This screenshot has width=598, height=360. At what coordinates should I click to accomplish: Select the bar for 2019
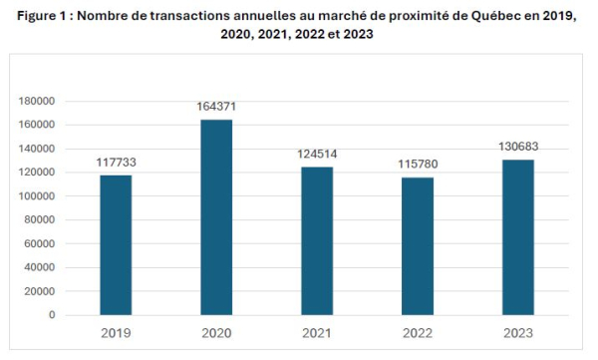coord(116,245)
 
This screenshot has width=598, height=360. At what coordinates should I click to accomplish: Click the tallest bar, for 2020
coord(216,217)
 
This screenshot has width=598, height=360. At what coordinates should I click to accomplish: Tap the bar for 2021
coord(317,241)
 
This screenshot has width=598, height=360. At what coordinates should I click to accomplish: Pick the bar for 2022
coord(418,246)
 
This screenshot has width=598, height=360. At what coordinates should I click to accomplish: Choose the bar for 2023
coord(518,237)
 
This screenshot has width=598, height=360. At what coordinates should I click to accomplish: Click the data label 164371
coord(216,106)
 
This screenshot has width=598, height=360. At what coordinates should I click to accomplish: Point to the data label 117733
coord(116,163)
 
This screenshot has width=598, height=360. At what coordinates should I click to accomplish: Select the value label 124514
coord(317,154)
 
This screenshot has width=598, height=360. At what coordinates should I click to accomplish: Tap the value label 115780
coord(418,165)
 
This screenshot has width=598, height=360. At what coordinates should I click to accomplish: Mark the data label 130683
coord(518,147)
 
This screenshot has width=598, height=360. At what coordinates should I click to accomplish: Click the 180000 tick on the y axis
coord(37,101)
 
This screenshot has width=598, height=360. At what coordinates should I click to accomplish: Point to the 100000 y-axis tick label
coord(37,196)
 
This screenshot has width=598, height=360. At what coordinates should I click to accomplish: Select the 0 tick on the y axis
coord(52,315)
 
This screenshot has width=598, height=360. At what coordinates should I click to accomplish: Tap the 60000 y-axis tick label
coord(40,243)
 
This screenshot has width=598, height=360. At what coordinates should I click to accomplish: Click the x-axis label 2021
coord(317,333)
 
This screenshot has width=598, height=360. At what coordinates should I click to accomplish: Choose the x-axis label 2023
coord(518,333)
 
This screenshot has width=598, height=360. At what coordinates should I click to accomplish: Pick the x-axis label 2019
coord(116,333)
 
